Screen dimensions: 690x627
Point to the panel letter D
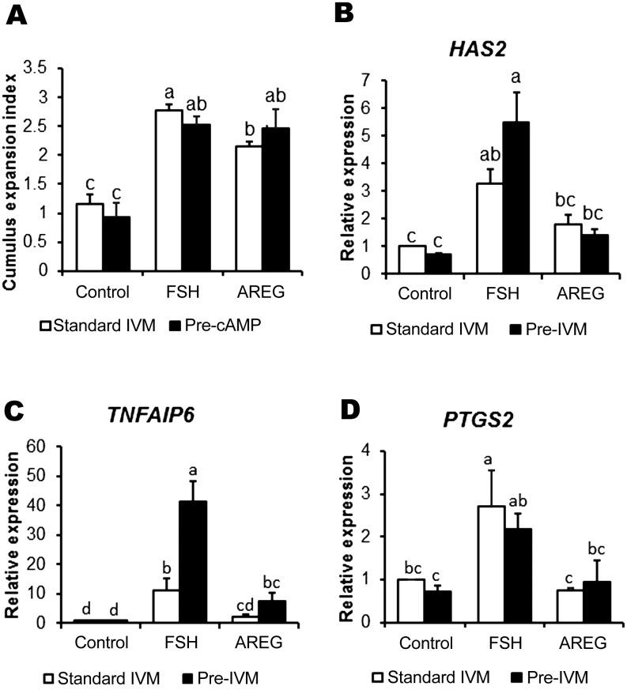click(345, 409)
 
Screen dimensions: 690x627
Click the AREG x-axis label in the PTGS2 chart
click(580, 643)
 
